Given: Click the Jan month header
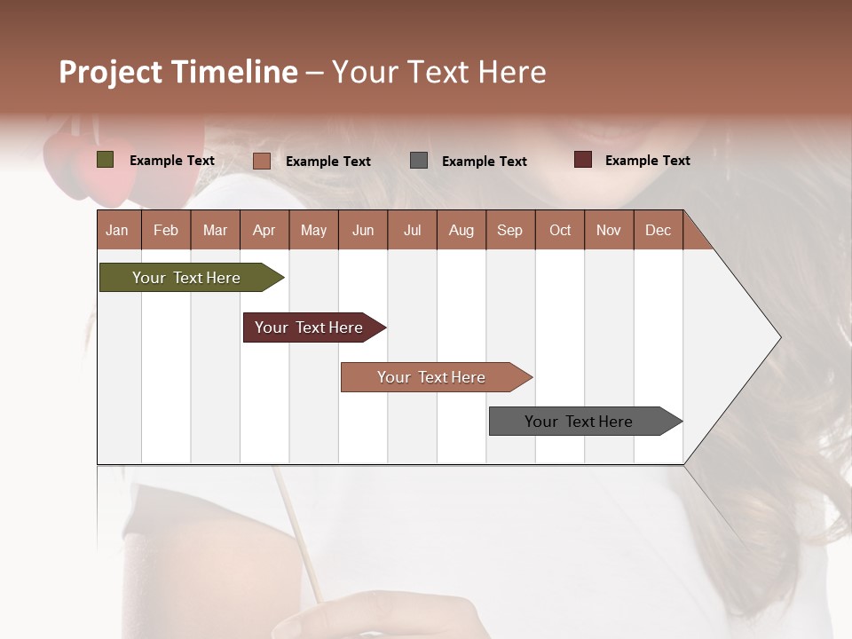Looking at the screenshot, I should (117, 230).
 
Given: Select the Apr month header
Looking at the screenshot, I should (264, 230).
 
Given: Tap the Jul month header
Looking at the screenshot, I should (412, 230).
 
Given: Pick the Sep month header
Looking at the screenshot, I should (509, 230).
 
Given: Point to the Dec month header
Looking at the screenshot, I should (658, 230).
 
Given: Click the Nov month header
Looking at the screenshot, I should (608, 230).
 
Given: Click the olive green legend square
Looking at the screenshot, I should (106, 160).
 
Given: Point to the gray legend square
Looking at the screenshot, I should (419, 161).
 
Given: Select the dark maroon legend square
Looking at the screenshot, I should (583, 160).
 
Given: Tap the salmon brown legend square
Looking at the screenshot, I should (262, 161).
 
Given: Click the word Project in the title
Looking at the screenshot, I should (111, 72).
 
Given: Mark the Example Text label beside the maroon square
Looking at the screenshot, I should (647, 161).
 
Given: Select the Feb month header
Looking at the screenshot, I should (166, 230).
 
